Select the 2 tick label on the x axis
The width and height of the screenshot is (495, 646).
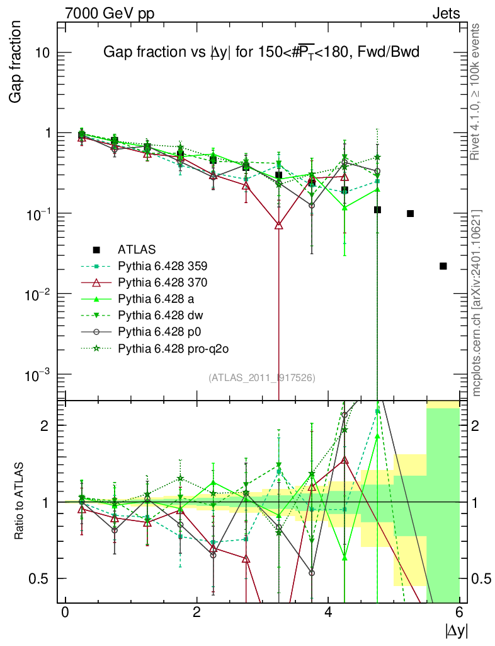pyautogui.click(x=196, y=613)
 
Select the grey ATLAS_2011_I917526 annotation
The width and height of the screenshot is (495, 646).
pyautogui.click(x=261, y=377)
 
